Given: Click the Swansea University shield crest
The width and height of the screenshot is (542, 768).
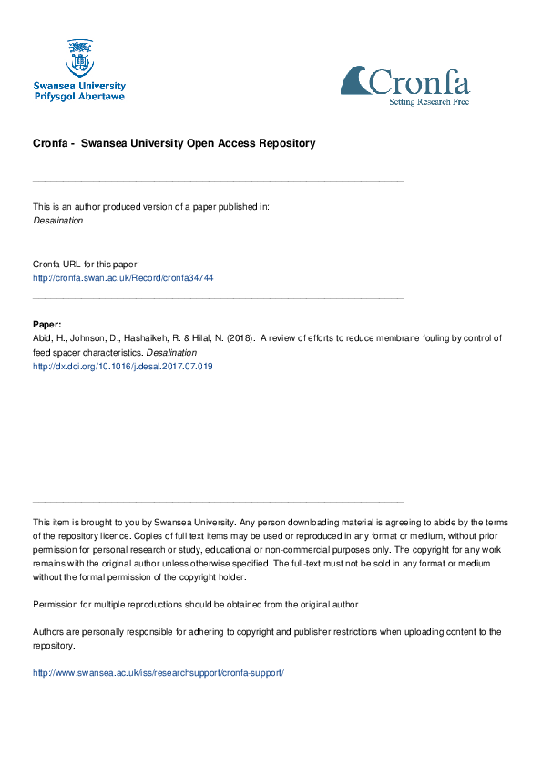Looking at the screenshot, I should pyautogui.click(x=79, y=57).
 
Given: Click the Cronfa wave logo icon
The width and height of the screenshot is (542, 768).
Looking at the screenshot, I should pyautogui.click(x=355, y=80).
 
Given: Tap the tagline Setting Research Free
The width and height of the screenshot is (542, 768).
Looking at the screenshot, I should pyautogui.click(x=429, y=101).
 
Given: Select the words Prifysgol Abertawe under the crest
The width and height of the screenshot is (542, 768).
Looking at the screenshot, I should pyautogui.click(x=79, y=96).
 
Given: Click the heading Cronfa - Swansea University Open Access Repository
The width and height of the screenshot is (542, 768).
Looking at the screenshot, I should pyautogui.click(x=174, y=143).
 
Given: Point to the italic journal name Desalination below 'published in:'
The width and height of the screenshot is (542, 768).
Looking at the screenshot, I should pyautogui.click(x=58, y=220).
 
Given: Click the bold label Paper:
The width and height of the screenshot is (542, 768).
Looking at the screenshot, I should pyautogui.click(x=47, y=324).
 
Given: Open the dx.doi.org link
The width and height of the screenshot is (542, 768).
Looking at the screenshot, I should pyautogui.click(x=123, y=366).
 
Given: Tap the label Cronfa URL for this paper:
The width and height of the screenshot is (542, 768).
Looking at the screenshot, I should pyautogui.click(x=86, y=264).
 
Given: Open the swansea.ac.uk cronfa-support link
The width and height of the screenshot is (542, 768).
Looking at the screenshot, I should pyautogui.click(x=159, y=672).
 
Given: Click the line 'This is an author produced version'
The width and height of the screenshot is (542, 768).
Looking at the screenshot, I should pyautogui.click(x=151, y=206).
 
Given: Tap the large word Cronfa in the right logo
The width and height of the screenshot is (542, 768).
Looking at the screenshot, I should pyautogui.click(x=419, y=83).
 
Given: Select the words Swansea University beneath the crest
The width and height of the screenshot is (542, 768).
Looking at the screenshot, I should pyautogui.click(x=79, y=86).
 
